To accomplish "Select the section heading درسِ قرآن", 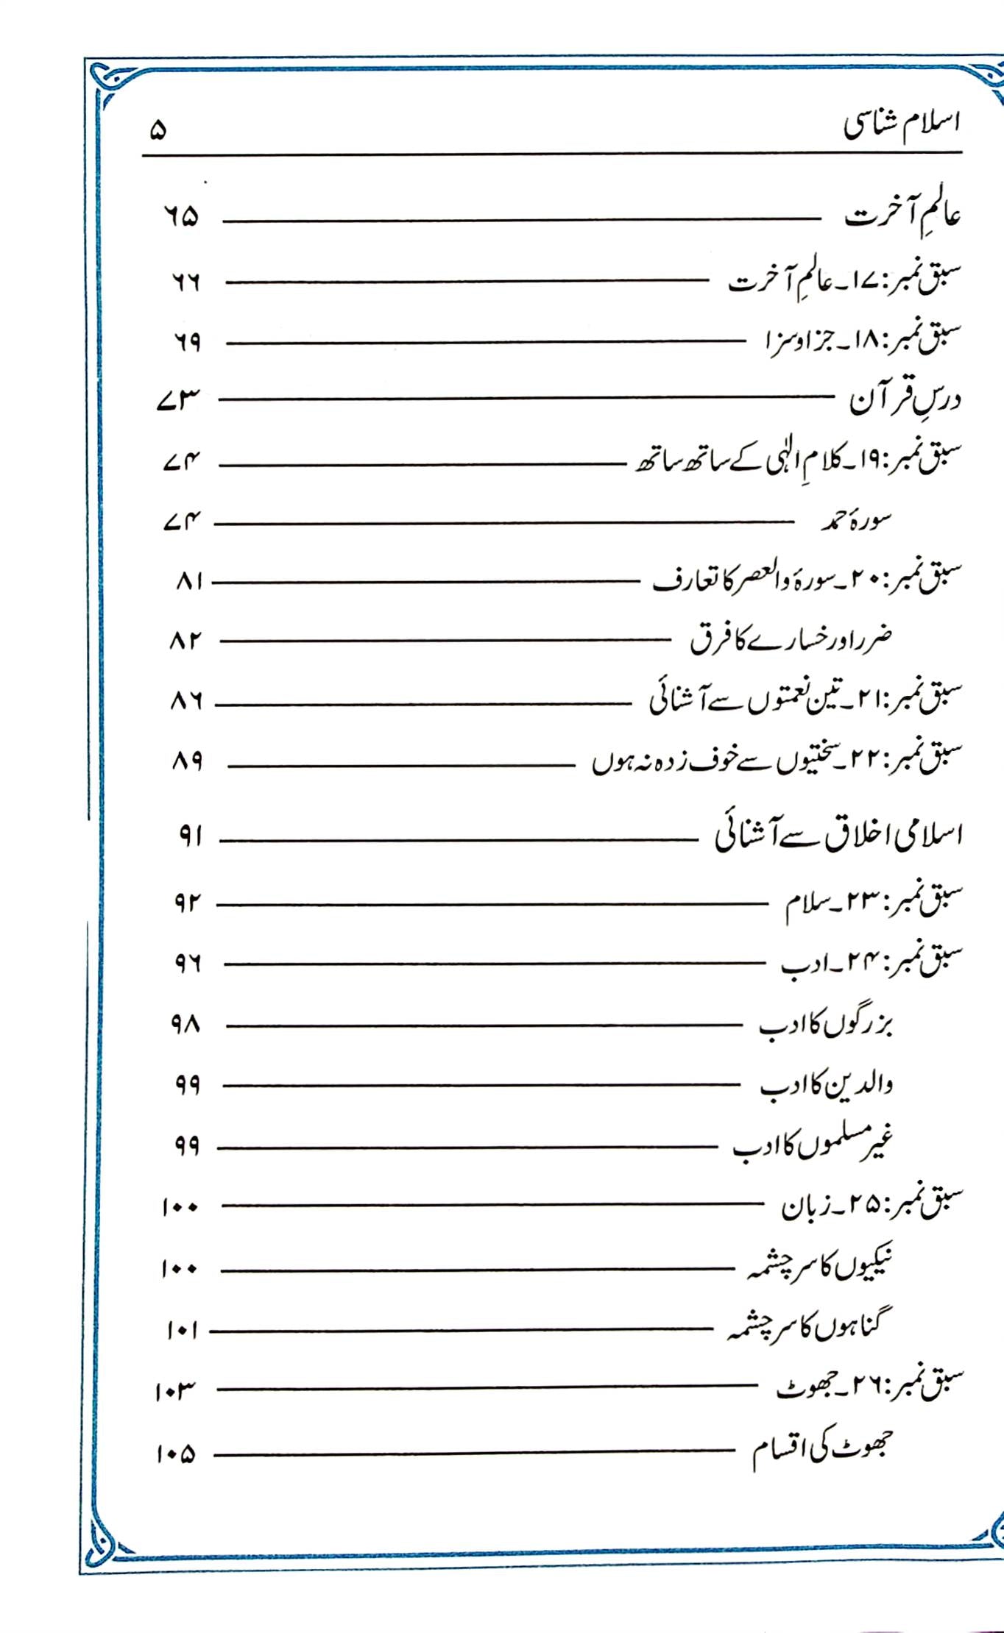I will click(x=905, y=400).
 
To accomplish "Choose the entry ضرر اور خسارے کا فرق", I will click(x=791, y=640).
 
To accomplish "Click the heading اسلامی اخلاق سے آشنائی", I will click(x=838, y=836).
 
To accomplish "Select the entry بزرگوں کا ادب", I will click(x=825, y=1025).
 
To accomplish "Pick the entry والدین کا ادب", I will click(x=826, y=1085).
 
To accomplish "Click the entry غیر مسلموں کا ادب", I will click(x=813, y=1145).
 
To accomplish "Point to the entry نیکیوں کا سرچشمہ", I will click(x=819, y=1266).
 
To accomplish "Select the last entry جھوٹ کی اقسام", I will click(x=821, y=1449).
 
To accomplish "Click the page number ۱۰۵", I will click(x=176, y=1454).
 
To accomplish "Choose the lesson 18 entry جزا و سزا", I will click(x=854, y=342).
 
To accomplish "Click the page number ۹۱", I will click(x=190, y=836).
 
